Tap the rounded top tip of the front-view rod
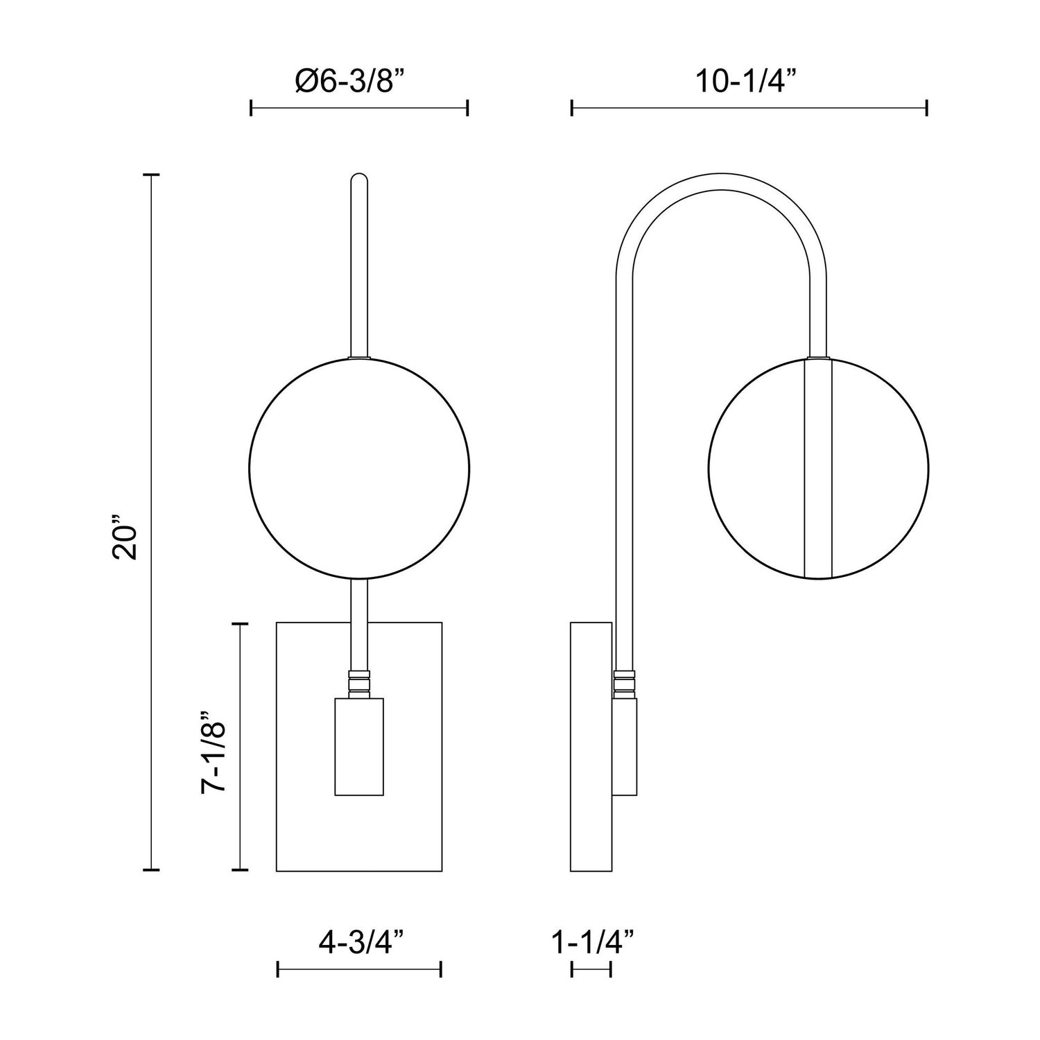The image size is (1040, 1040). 359,179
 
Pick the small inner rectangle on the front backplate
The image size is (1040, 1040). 359,747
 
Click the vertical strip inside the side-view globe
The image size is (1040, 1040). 818,468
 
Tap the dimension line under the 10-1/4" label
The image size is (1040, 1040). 749,108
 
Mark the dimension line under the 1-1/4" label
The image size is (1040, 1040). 591,969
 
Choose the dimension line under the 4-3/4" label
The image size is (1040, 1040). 359,969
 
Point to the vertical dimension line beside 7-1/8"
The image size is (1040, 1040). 239,746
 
